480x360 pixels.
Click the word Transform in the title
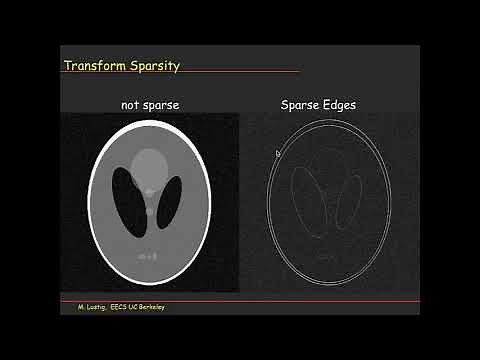coord(93,66)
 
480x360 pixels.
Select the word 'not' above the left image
coord(131,103)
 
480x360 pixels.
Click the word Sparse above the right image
coord(299,103)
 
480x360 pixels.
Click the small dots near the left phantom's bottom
coord(149,258)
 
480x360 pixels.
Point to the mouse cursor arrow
coord(278,153)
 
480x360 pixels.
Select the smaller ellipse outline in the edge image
coord(347,201)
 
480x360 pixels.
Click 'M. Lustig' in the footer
coord(94,307)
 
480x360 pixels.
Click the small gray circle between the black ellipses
coord(150,211)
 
